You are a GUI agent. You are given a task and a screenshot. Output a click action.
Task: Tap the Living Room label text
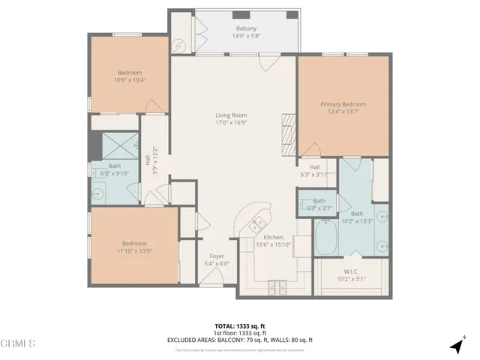click(231, 115)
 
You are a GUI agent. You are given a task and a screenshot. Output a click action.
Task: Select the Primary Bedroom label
click(343, 104)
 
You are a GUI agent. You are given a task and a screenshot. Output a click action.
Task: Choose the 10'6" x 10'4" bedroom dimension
click(129, 79)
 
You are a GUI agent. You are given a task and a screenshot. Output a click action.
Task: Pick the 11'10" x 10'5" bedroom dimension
click(135, 250)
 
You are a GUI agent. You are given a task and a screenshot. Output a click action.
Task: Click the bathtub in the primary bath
click(327, 237)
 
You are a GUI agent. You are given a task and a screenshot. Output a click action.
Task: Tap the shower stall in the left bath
click(115, 145)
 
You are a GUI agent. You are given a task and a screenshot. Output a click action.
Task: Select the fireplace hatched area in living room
click(289, 131)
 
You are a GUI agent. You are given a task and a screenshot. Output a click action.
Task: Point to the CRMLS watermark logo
click(19, 344)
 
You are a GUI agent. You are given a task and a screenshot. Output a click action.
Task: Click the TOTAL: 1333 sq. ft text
click(239, 326)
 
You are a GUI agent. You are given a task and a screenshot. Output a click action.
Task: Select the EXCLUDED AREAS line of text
click(239, 340)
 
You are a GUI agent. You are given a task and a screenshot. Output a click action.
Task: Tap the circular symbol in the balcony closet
click(180, 43)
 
